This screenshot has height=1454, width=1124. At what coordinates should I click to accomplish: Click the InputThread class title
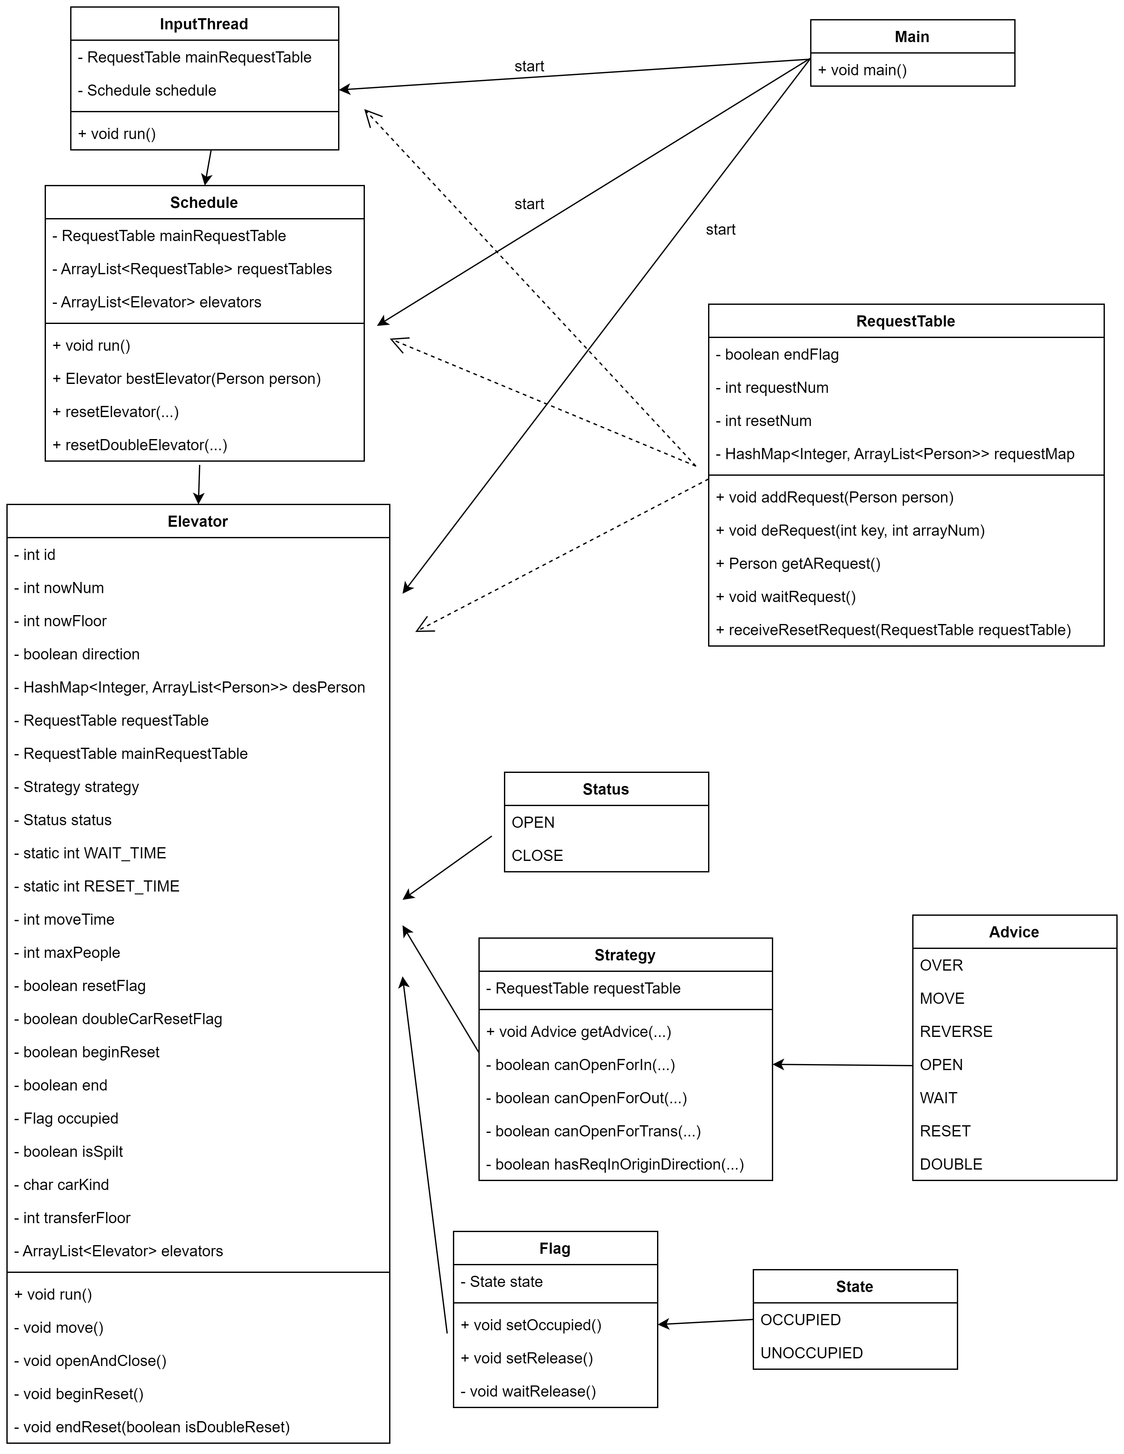click(x=204, y=24)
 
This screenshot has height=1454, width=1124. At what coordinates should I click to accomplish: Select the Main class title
click(x=912, y=37)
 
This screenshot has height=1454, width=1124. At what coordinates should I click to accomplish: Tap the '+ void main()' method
click(x=862, y=70)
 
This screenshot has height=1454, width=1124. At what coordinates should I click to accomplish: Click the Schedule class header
click(x=204, y=202)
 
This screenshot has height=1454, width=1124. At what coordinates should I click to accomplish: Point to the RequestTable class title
click(x=906, y=321)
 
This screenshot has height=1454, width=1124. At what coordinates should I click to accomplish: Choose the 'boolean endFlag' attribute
click(x=777, y=354)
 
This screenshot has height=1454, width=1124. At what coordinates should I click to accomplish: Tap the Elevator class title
click(x=198, y=521)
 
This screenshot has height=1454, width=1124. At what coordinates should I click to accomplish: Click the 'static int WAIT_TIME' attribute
click(x=90, y=853)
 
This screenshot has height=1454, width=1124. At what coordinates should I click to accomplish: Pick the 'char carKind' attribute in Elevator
click(x=61, y=1184)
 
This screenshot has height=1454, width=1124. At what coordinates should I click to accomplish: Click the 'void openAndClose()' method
click(x=90, y=1361)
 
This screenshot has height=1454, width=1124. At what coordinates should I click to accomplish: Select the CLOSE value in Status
click(x=537, y=856)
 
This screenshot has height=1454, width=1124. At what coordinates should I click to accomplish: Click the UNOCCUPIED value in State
click(x=812, y=1353)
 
